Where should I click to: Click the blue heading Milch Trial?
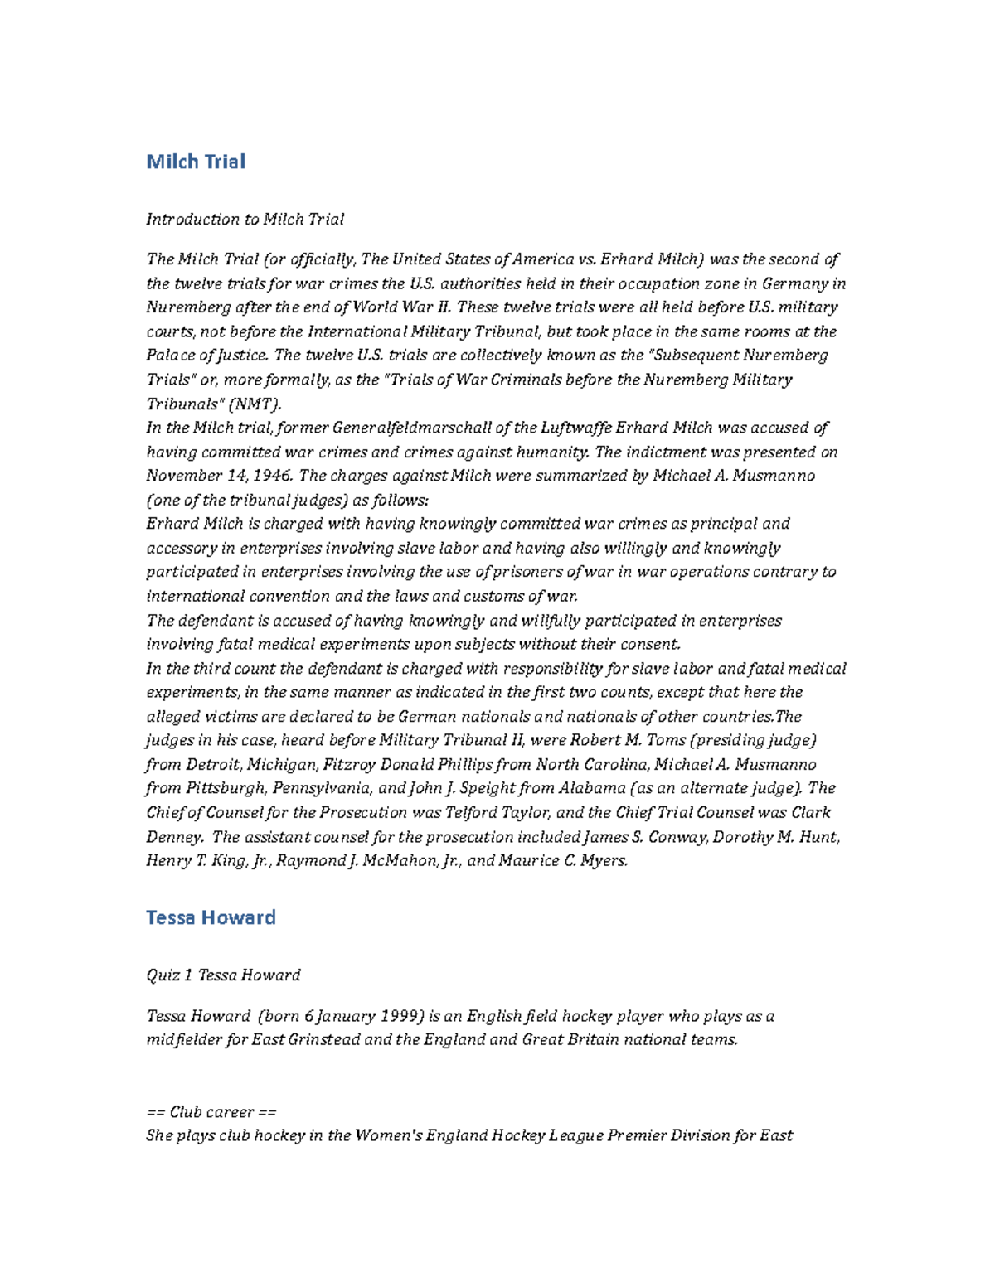click(x=196, y=162)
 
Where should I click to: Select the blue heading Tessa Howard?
click(x=211, y=917)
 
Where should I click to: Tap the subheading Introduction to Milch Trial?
click(x=245, y=220)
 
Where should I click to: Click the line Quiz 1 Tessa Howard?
click(x=223, y=975)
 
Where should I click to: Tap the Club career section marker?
click(x=211, y=1112)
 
